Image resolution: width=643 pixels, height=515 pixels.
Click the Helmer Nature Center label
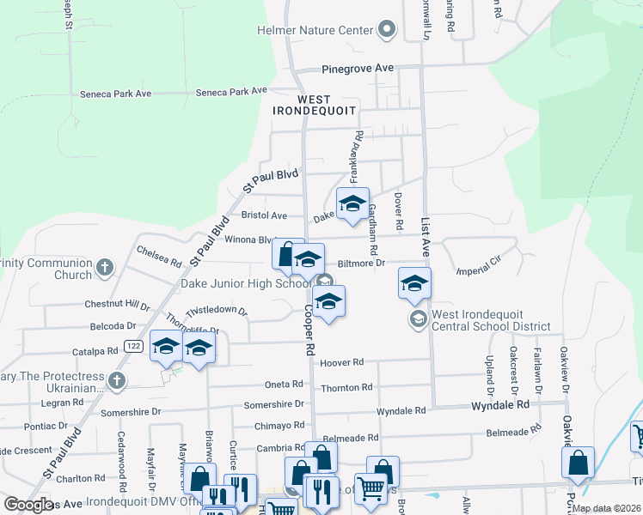pos(315,31)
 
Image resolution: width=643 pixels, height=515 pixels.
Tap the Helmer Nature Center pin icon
pos(387,31)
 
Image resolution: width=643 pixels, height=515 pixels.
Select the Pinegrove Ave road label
pos(358,68)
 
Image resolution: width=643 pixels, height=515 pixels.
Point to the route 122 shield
pos(132,346)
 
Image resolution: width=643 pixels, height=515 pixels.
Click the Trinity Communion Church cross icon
pos(105,268)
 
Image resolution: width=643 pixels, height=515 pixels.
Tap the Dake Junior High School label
pos(245,284)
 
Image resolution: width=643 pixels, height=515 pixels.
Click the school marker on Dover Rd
pos(414,283)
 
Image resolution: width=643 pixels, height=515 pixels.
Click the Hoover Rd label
pos(341,363)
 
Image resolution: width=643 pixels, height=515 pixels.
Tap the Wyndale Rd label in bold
pos(498,405)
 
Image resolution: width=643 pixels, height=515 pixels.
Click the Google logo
pos(28,505)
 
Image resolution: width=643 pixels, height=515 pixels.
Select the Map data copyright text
pos(606,508)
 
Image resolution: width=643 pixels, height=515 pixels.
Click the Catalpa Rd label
pos(95,351)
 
